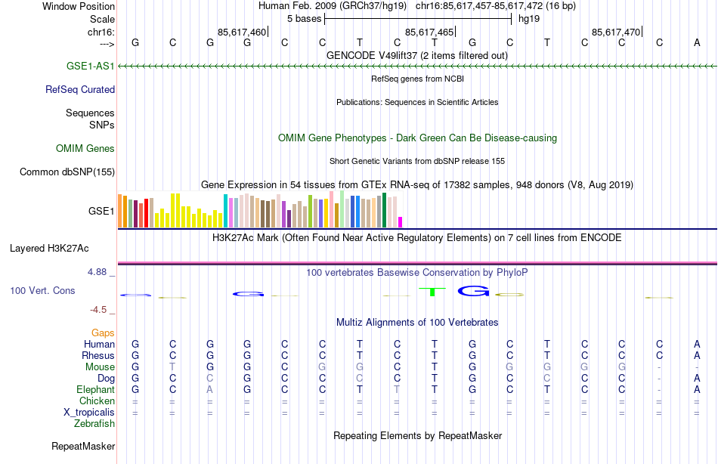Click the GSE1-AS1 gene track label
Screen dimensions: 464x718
[x=90, y=67]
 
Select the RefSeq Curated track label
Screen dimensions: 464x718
[x=80, y=89]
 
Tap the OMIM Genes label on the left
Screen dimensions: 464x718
[x=85, y=149]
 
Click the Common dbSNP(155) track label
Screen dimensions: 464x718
[x=67, y=172]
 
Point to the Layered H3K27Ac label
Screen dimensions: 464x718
[x=49, y=248]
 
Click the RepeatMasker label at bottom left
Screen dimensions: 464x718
[x=83, y=447]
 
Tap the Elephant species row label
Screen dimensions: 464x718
[x=96, y=389]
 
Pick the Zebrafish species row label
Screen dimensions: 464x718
[x=94, y=423]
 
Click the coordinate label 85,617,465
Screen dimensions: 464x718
[x=429, y=32]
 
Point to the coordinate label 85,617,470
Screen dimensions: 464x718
[x=616, y=32]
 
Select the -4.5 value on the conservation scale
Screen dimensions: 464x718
[x=101, y=310]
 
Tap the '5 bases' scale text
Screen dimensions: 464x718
[x=304, y=18]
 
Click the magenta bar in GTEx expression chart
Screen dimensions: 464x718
[x=400, y=221]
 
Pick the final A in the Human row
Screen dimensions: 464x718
[x=697, y=344]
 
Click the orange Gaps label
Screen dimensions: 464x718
[x=103, y=333]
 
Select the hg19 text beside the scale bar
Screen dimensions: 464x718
[x=529, y=18]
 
